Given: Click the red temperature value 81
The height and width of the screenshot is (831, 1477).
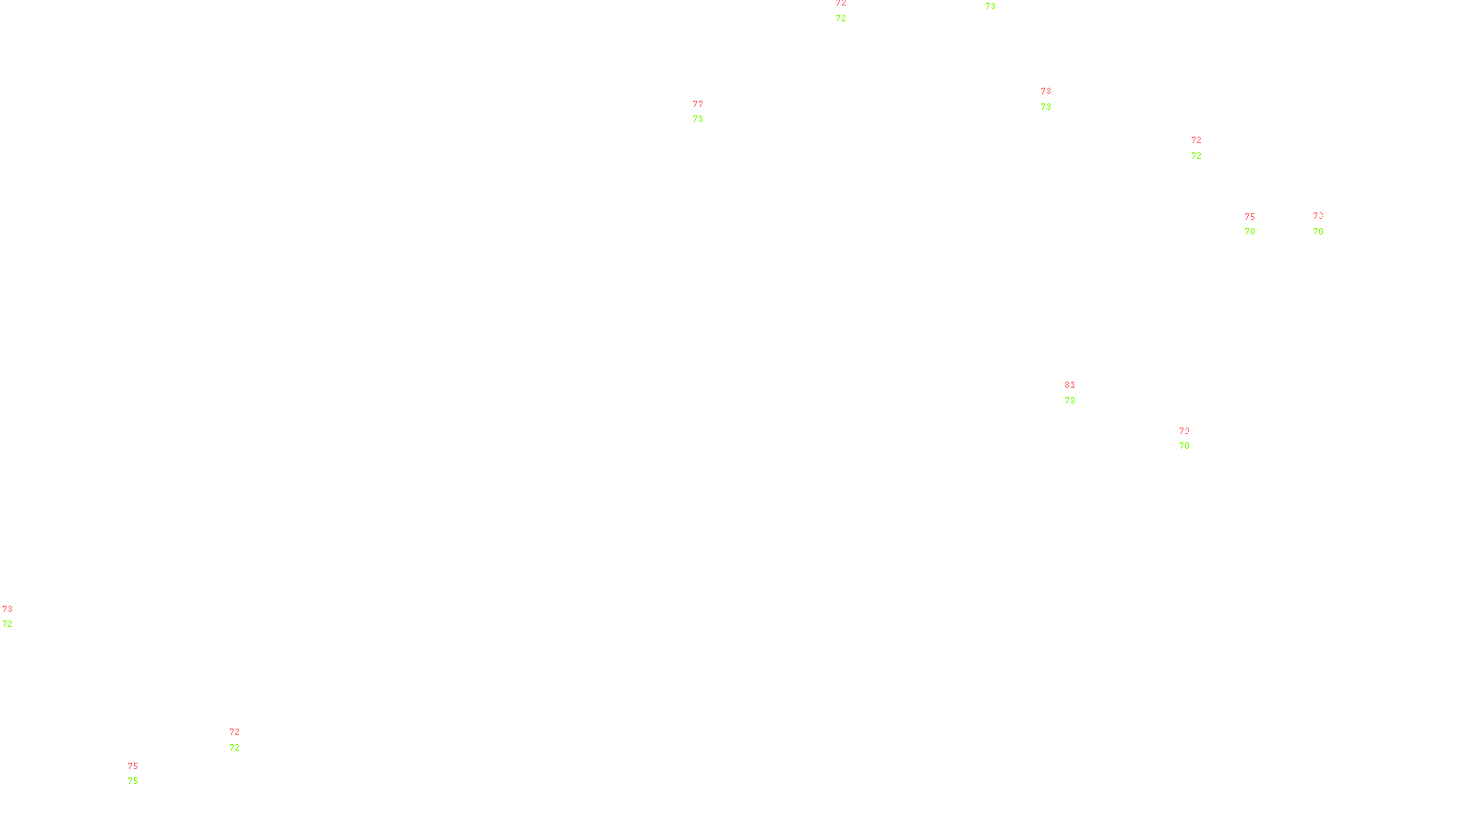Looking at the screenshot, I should [1069, 385].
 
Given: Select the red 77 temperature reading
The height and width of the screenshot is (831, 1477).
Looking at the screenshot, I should [698, 104].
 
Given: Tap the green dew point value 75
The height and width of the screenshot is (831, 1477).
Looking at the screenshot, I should [133, 781].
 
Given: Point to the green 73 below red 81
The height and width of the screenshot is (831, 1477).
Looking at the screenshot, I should [1069, 401].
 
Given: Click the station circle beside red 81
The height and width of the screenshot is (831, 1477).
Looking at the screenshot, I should [1078, 392].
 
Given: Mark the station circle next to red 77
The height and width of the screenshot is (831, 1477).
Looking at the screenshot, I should [707, 112].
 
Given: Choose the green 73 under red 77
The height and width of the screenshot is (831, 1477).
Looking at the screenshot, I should [698, 119].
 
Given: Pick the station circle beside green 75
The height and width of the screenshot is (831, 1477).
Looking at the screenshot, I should [142, 774].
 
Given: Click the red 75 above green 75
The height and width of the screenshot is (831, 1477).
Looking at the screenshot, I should [133, 766].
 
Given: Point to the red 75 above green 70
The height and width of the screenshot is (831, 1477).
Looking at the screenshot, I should [1249, 217].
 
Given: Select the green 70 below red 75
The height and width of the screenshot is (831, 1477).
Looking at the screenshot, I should [1249, 232].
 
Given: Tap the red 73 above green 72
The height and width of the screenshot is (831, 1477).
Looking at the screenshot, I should [7, 609].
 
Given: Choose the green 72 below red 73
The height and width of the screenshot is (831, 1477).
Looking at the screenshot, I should [7, 624].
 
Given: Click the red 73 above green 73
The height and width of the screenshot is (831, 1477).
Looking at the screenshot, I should [1045, 91].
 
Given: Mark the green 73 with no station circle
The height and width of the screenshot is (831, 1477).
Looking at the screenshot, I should [990, 6].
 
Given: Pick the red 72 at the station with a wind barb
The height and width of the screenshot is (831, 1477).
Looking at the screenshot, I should [1195, 140].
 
